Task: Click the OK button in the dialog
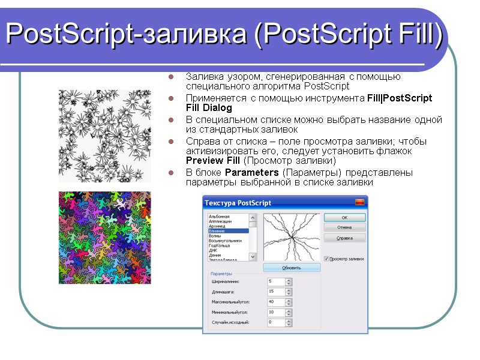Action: (344, 217)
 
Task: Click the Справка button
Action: (344, 238)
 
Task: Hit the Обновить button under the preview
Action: (292, 268)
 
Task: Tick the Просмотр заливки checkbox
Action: (327, 259)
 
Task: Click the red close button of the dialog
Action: (359, 202)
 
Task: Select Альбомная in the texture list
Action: (219, 216)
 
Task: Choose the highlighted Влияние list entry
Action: (218, 231)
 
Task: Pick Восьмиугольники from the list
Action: (225, 241)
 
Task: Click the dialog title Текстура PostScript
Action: (238, 202)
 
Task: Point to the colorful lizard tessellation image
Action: (104, 238)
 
